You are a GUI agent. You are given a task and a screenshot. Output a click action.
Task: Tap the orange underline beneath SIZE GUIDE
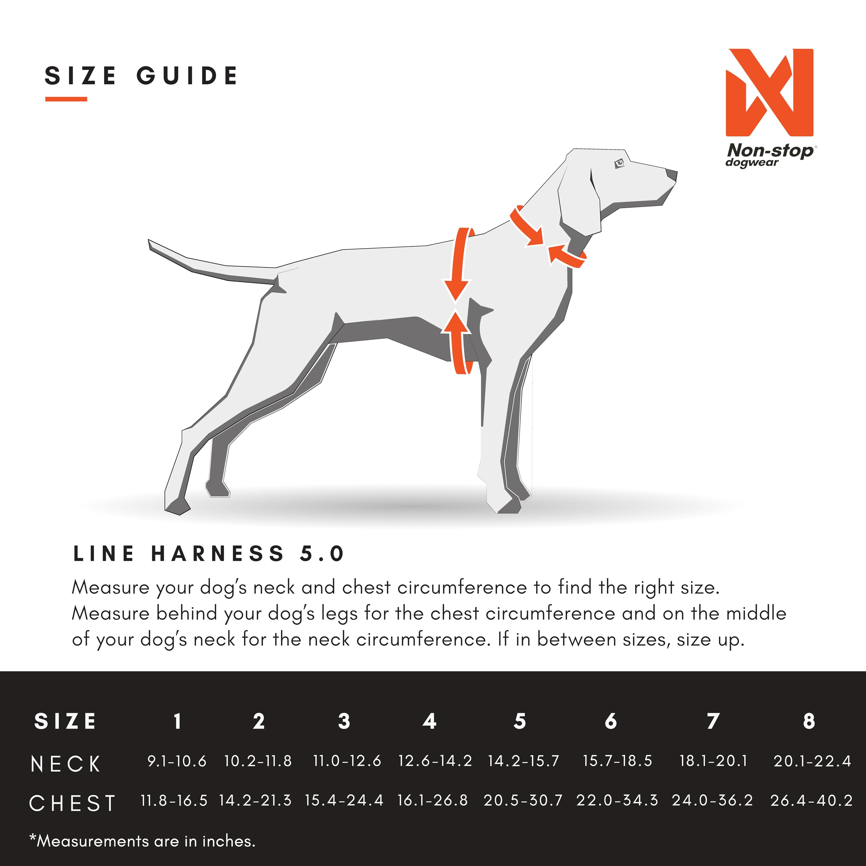tap(66, 99)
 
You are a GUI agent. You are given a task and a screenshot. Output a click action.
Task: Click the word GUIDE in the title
tap(187, 75)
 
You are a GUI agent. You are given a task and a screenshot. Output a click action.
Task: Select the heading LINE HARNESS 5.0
tap(209, 553)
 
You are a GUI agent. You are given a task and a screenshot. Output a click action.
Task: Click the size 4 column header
tap(429, 721)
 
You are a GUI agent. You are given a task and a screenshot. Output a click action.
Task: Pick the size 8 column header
tap(808, 721)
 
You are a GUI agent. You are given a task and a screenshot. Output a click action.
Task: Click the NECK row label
tap(66, 764)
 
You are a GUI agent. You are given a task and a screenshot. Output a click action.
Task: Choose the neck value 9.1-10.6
tap(177, 761)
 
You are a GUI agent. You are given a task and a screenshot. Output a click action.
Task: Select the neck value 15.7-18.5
tap(617, 761)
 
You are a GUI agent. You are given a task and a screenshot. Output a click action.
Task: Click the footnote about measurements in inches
tap(142, 841)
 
